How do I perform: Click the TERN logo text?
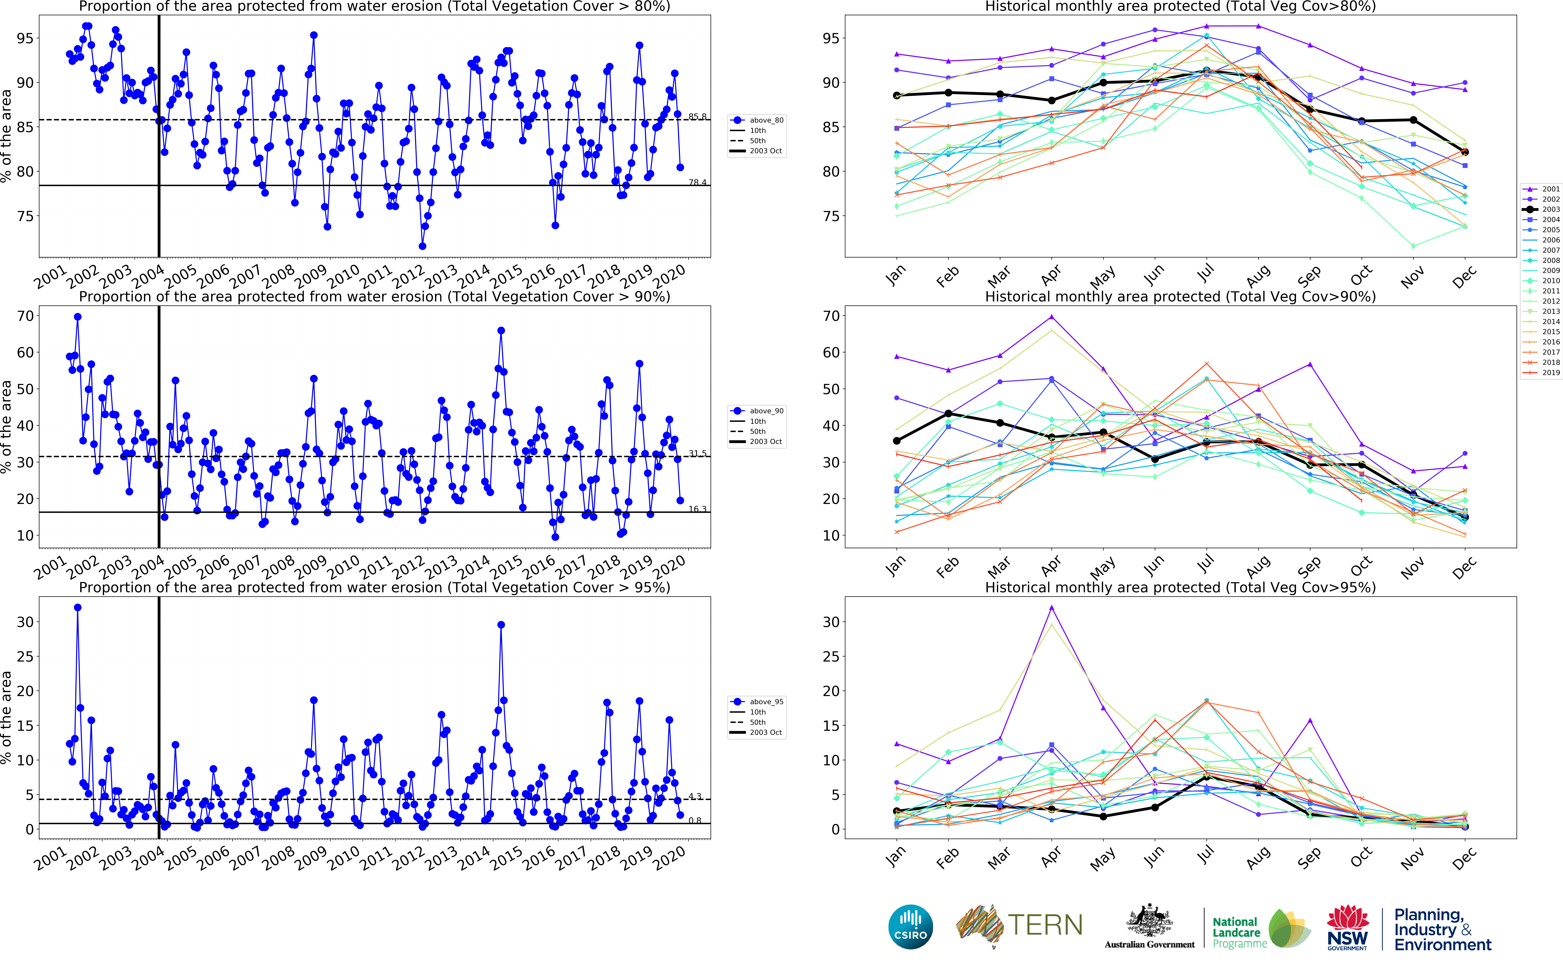(1045, 925)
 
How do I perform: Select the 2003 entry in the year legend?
(1550, 209)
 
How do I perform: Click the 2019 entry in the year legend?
(1550, 373)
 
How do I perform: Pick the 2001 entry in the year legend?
(1550, 189)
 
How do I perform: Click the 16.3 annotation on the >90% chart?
(697, 509)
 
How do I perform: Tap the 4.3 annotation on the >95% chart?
(695, 796)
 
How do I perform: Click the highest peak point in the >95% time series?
(77, 608)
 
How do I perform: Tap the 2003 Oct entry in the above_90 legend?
(765, 442)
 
